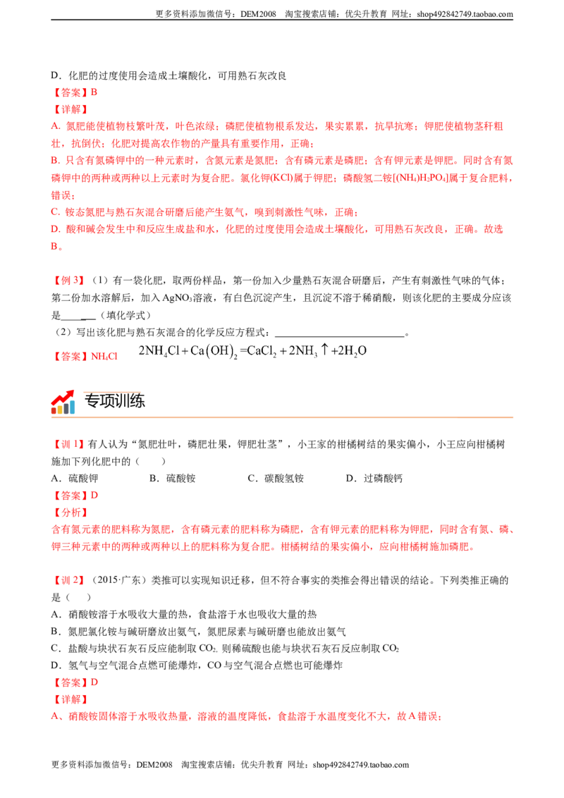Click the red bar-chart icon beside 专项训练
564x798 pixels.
[x=63, y=402]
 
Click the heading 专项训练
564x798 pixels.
[x=114, y=401]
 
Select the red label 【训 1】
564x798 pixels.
[x=68, y=444]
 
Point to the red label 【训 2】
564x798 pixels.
[x=68, y=580]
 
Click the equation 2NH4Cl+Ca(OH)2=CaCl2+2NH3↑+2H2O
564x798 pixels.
[x=252, y=351]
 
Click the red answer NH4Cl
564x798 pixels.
[x=104, y=357]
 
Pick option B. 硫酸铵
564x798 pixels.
[x=173, y=479]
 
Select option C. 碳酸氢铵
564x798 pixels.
[x=276, y=479]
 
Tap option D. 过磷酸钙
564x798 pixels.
[x=374, y=479]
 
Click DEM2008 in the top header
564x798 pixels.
[x=258, y=14]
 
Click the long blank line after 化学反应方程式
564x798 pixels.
[x=340, y=336]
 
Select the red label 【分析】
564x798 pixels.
[x=70, y=512]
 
